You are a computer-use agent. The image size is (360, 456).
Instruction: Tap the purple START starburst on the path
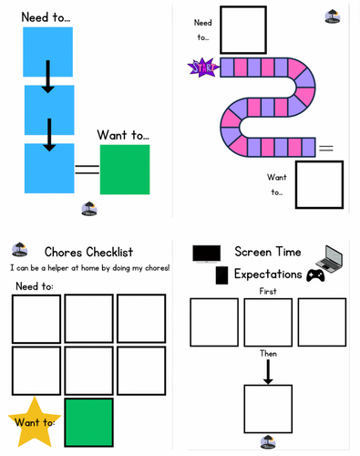[x=200, y=67]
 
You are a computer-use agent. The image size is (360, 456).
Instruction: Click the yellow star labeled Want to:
[x=34, y=421]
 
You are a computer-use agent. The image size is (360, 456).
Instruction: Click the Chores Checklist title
[x=88, y=252]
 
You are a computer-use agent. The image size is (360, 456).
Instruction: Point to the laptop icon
[x=328, y=258]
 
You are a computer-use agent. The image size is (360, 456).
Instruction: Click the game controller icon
[x=315, y=275]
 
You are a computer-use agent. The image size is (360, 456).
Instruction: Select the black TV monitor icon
[x=206, y=254]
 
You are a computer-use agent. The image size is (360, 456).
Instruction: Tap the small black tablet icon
[x=221, y=275]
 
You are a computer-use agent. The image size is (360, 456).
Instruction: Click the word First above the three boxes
[x=267, y=291]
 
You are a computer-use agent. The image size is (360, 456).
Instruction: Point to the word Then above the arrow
[x=268, y=353]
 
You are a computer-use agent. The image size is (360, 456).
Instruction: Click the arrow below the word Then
[x=268, y=369]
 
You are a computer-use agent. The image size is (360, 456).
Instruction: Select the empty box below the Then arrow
[x=268, y=409]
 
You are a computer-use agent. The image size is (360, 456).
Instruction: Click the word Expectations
[x=267, y=274]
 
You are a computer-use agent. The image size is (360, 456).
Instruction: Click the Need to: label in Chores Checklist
[x=34, y=286]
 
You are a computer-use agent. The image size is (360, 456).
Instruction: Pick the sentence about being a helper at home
[x=89, y=268]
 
